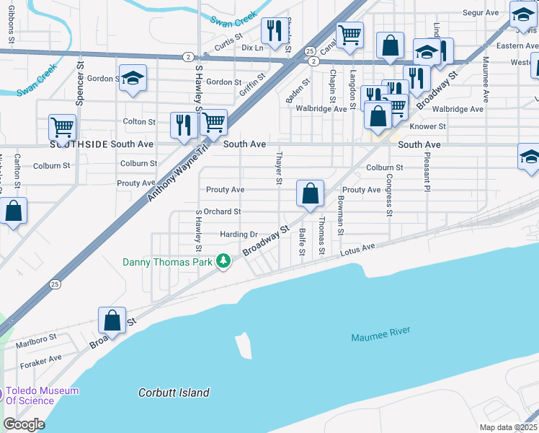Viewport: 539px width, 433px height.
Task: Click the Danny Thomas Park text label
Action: pos(167,262)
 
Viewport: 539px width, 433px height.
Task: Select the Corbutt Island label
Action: pos(174,393)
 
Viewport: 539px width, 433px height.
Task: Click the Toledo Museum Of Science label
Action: pos(42,395)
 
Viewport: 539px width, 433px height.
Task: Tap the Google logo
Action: pos(24,424)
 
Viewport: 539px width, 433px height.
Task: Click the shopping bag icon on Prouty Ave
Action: pos(310,193)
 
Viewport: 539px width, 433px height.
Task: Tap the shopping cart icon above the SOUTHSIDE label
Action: pos(63,128)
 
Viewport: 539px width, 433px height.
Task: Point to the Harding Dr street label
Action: pos(239,235)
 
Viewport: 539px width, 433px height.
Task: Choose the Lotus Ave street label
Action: pos(358,249)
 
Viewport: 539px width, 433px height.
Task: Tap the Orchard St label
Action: pos(221,211)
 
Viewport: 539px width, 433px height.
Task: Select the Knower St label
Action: pos(428,126)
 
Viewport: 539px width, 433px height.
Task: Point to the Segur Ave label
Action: pos(481,13)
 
